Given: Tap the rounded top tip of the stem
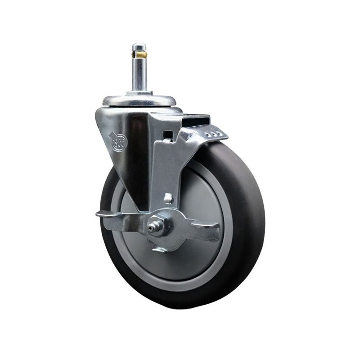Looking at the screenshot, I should click(x=139, y=45).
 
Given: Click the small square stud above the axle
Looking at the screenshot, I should click(x=168, y=198).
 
